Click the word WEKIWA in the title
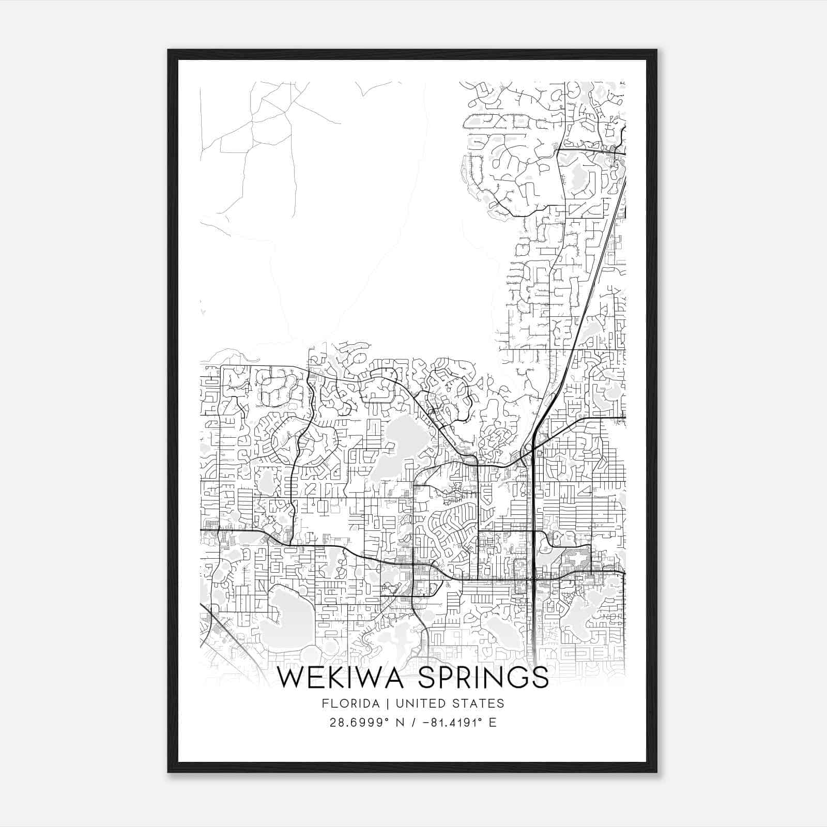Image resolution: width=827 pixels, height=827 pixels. (x=343, y=678)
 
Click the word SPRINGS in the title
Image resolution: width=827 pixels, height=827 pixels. (x=483, y=678)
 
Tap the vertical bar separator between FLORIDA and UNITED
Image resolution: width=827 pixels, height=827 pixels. (x=378, y=703)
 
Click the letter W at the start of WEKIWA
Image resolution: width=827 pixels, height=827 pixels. (x=292, y=678)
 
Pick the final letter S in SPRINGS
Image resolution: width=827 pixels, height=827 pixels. (x=540, y=678)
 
